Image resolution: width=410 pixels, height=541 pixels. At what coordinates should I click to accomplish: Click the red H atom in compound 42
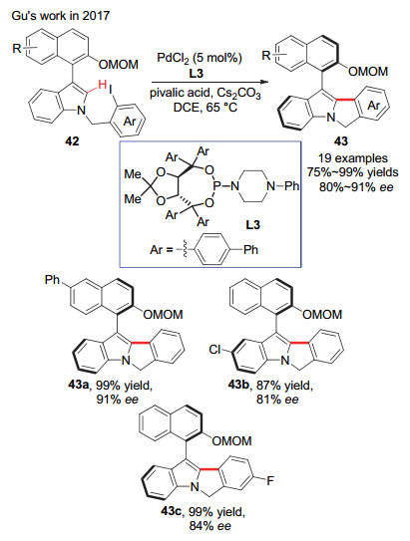(x=102, y=84)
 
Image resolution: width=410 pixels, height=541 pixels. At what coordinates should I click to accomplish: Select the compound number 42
(x=72, y=141)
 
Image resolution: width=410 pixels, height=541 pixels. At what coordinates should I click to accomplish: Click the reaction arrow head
(x=265, y=82)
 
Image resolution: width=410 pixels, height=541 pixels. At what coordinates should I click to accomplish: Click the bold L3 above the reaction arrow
(x=196, y=73)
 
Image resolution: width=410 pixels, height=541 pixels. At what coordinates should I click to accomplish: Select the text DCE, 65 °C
(x=205, y=108)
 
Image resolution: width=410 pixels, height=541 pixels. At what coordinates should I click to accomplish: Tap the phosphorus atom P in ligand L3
(x=216, y=186)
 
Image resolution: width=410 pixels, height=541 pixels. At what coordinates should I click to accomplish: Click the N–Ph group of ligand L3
(x=281, y=186)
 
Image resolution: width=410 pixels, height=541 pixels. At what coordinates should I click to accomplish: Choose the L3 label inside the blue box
(x=252, y=225)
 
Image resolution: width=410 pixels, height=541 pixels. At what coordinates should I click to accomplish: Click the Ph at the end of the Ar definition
(x=250, y=249)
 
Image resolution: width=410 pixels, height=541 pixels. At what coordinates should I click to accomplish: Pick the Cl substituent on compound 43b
(x=214, y=350)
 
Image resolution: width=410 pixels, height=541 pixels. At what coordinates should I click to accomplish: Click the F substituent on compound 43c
(x=270, y=480)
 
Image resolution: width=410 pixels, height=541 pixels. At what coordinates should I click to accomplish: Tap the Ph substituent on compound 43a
(x=52, y=280)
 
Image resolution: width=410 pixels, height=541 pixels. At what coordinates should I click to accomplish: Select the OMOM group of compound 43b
(x=322, y=314)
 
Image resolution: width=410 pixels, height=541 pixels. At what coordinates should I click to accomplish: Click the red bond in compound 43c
(x=208, y=469)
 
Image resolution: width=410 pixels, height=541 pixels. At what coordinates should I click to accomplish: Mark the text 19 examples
(x=353, y=158)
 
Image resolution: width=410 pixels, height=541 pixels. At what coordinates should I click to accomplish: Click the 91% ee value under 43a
(x=118, y=400)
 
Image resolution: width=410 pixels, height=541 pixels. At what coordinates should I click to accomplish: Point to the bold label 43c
(x=171, y=511)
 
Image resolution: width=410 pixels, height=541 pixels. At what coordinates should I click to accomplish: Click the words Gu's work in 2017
(x=60, y=16)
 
